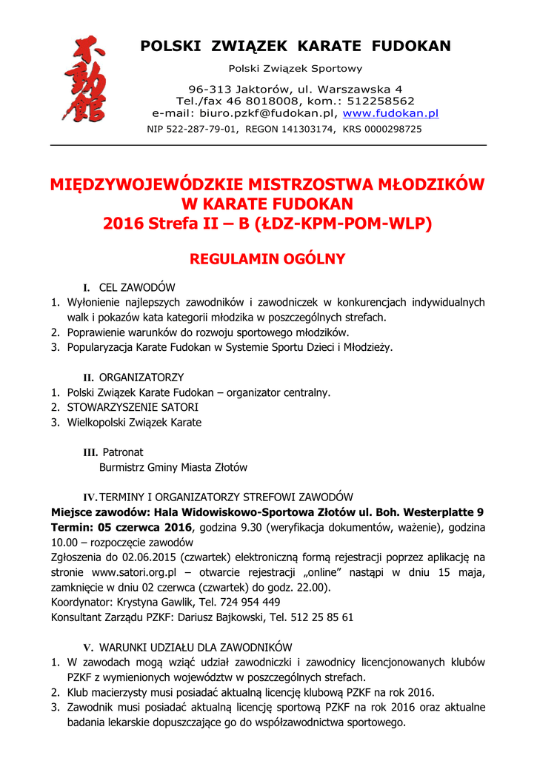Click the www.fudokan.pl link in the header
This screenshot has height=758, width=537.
(390, 114)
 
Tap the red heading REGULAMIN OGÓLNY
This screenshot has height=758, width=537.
(267, 259)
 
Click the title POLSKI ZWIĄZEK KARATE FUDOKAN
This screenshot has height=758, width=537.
(296, 47)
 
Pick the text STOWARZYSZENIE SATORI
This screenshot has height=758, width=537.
(133, 407)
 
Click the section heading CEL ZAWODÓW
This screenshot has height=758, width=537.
(137, 287)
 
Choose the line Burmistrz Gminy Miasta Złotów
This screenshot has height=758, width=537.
(173, 467)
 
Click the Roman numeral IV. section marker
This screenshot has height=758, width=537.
(90, 497)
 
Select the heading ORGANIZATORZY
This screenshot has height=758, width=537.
(141, 377)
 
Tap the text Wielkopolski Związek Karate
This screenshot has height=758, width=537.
(134, 422)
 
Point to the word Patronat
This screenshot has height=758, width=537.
(123, 452)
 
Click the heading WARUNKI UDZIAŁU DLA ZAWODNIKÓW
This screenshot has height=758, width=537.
(196, 647)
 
